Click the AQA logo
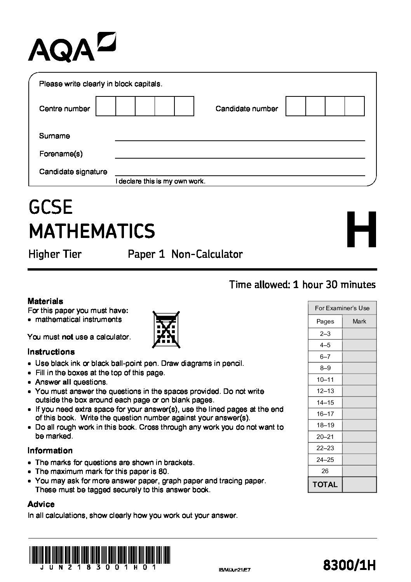pos(72,47)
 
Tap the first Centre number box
pos(106,106)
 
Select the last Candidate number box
pos(354,106)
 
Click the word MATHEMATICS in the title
pos(92,231)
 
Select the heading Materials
pos(45,301)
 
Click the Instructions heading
pos(51,352)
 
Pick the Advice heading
pos(41,504)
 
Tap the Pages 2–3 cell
pos(325,334)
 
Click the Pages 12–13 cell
pos(325,391)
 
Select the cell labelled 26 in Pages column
pos(325,471)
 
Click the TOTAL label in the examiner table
pos(325,484)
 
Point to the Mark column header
pos(359,321)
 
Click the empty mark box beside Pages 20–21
pos(359,437)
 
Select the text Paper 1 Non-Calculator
pos(185,254)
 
